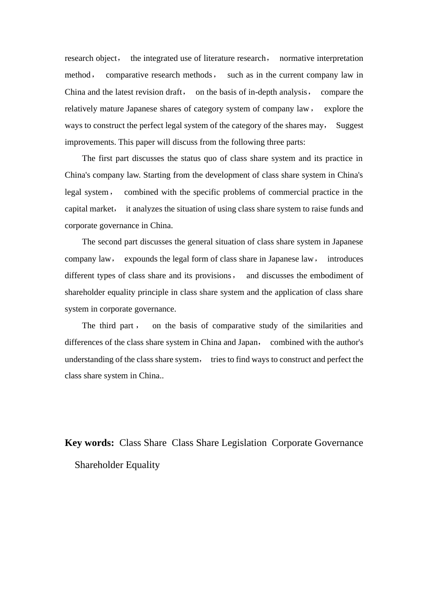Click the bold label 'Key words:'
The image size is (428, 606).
pos(89,443)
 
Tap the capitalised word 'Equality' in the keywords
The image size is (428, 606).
pos(142,465)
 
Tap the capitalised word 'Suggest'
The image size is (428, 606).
pos(349,125)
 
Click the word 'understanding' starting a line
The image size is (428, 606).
pos(89,359)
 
